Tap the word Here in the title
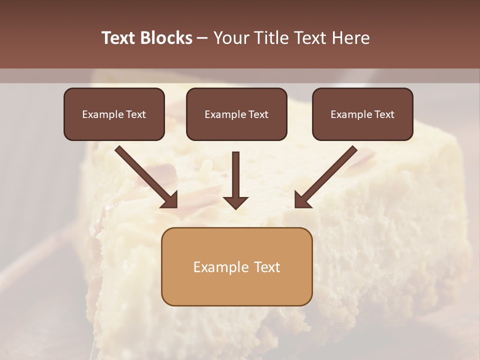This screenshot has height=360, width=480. click(351, 38)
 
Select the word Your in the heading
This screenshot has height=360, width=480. click(230, 38)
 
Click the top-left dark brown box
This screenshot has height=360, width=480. click(114, 114)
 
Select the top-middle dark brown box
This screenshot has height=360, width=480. click(236, 114)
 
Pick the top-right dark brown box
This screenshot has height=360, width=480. click(362, 114)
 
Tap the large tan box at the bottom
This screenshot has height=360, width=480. click(236, 266)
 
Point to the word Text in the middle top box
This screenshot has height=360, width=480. click(258, 114)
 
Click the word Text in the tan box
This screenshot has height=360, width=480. click(268, 267)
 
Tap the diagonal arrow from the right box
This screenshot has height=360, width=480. click(327, 175)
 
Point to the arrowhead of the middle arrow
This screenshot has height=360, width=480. click(235, 202)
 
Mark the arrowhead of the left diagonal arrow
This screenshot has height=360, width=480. click(170, 200)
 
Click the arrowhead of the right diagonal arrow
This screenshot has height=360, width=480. click(302, 200)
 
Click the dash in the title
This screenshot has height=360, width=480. click(203, 38)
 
